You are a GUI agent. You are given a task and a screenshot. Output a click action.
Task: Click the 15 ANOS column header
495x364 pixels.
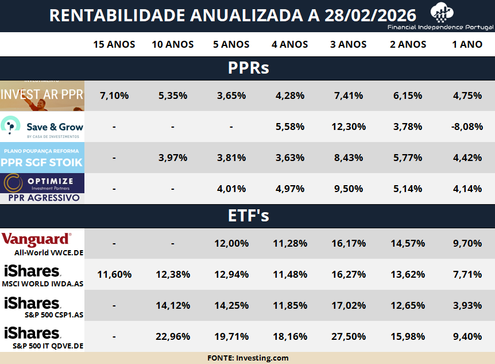114,44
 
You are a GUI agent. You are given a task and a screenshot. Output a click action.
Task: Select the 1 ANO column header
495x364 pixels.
467,44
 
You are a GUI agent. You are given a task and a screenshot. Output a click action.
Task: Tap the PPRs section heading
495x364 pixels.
248,68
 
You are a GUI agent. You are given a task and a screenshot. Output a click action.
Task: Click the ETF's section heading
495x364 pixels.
248,216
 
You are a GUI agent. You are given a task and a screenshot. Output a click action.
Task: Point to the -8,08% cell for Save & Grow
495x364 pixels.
467,127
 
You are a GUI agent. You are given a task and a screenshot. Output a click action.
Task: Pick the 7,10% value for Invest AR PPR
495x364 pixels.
114,95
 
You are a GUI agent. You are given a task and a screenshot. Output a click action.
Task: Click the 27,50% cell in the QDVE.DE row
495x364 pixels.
349,336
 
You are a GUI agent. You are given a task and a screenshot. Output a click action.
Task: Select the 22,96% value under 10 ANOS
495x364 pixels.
173,336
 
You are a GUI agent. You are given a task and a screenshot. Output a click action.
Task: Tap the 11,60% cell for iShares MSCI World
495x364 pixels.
114,274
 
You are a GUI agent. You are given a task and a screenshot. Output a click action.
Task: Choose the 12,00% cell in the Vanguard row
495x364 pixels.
231,243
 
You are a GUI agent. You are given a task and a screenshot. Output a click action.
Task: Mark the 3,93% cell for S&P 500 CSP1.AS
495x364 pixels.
467,305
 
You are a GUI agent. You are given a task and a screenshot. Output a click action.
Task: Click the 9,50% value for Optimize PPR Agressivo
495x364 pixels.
349,189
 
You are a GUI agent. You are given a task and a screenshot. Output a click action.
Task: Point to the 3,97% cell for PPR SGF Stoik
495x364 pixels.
173,158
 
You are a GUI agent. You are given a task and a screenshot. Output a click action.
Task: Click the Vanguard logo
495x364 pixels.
37,239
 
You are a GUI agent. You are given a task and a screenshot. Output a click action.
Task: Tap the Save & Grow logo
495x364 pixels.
42,127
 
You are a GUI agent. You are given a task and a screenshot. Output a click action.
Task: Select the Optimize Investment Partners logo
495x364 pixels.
42,183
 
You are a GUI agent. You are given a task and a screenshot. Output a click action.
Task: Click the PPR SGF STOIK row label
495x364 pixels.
42,158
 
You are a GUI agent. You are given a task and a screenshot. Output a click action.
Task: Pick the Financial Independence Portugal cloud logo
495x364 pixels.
443,12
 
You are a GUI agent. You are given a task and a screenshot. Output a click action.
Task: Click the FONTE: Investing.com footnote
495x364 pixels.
247,358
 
